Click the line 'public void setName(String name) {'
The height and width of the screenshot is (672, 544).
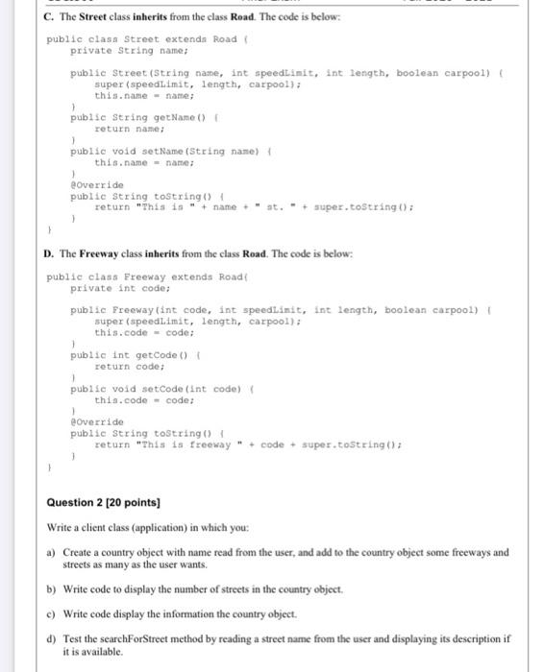(174, 151)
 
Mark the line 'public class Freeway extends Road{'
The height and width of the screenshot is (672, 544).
(144, 276)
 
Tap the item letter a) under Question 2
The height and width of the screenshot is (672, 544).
(51, 553)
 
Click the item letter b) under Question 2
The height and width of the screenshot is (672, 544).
(51, 588)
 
